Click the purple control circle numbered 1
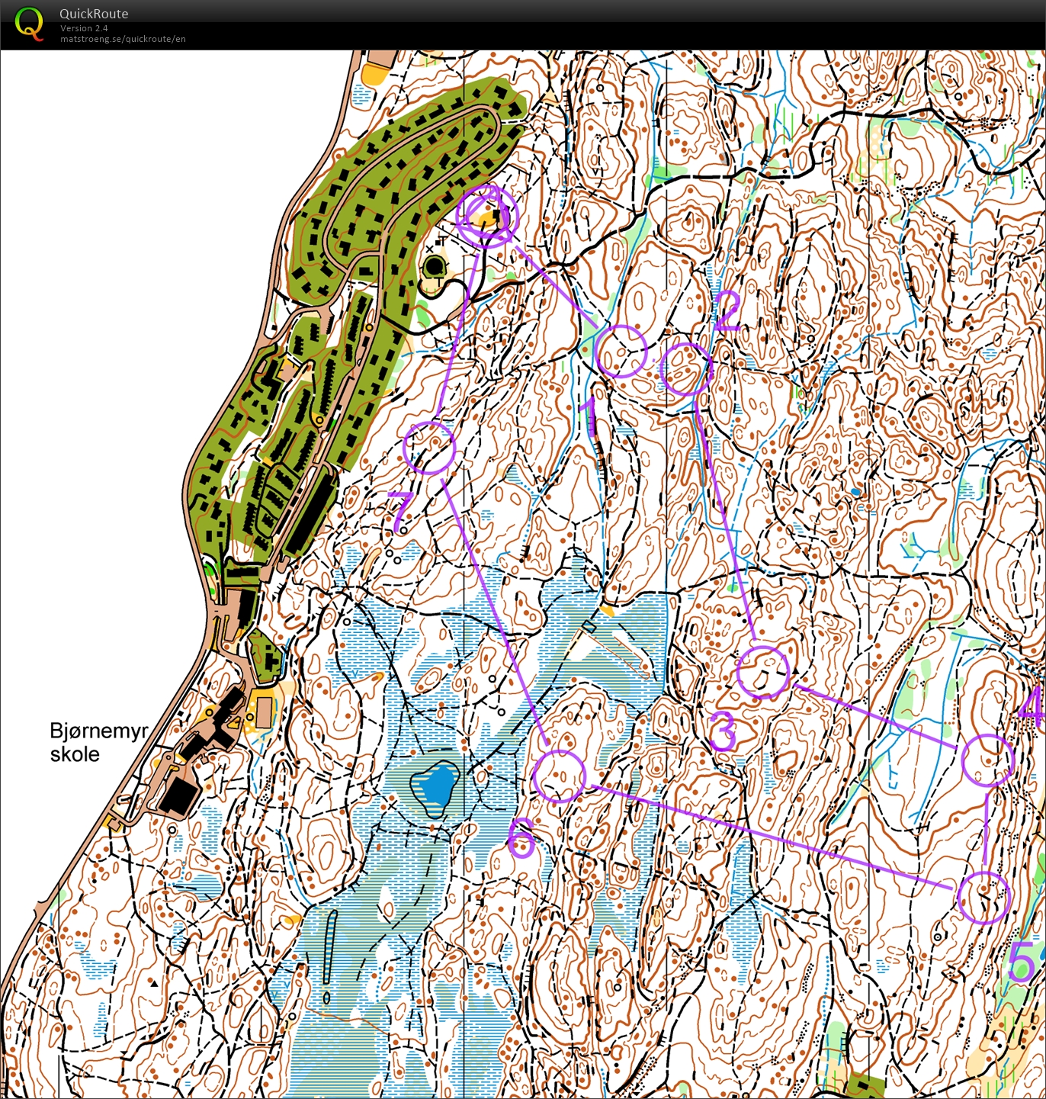(x=621, y=352)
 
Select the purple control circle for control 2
(x=686, y=369)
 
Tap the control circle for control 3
(x=763, y=672)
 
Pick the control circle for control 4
(x=988, y=760)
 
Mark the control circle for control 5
(x=983, y=898)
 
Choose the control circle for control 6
(x=560, y=776)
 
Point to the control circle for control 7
(x=429, y=448)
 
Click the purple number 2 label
(x=727, y=311)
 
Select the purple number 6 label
(x=521, y=837)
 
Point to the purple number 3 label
(x=723, y=731)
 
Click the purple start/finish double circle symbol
(x=487, y=217)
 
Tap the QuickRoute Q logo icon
(x=29, y=24)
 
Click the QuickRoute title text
(x=94, y=14)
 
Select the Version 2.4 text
(x=84, y=28)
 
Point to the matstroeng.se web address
(x=123, y=39)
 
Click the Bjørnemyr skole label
(x=98, y=742)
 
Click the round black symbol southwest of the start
(x=435, y=267)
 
